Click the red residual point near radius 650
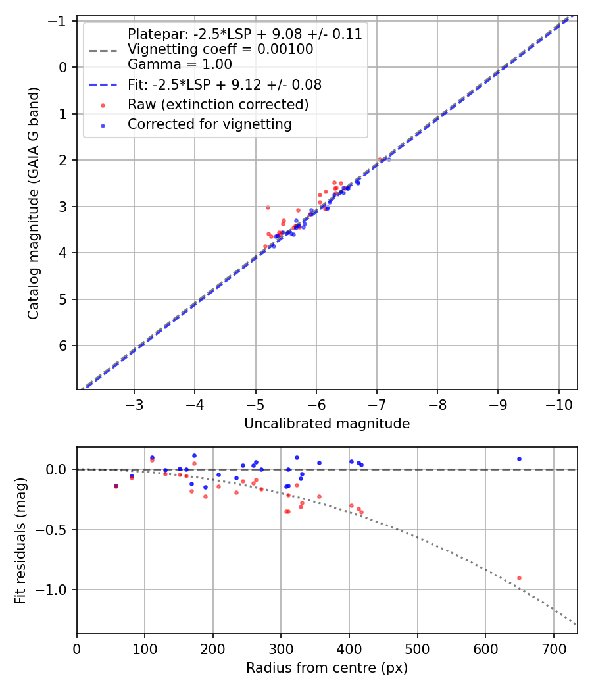(x=519, y=578)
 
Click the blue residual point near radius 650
(x=519, y=459)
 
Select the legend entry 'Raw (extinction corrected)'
(x=218, y=105)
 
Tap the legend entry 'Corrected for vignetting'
(x=209, y=124)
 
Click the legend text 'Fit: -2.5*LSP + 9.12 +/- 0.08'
(x=224, y=85)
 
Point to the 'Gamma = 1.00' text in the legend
(x=180, y=64)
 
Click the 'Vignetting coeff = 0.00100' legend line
(x=220, y=49)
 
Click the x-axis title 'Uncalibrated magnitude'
(x=327, y=424)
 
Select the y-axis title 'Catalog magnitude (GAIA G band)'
(x=33, y=203)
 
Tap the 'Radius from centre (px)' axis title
(x=327, y=668)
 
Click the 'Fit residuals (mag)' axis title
(x=20, y=540)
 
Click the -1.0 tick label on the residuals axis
(x=56, y=590)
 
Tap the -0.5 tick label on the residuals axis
(x=56, y=530)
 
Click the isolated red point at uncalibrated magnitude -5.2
(x=268, y=207)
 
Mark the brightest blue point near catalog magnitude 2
(x=389, y=159)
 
